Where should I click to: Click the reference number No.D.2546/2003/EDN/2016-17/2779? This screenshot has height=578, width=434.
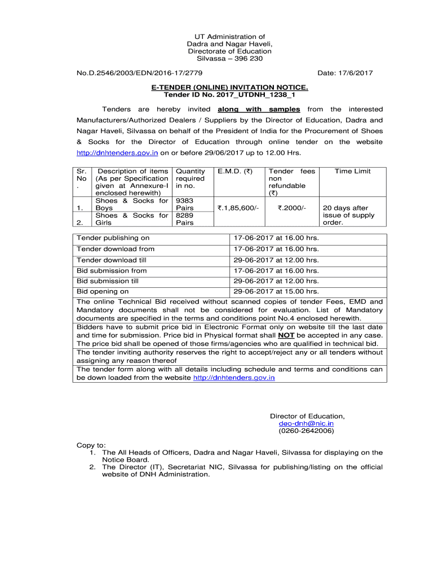point(140,73)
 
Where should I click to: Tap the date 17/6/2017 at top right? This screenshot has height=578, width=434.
point(345,73)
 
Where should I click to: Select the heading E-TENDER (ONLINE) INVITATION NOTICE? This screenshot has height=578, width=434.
point(229,88)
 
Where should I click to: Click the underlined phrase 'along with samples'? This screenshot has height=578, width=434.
point(259,109)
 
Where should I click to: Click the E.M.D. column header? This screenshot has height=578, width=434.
point(234,171)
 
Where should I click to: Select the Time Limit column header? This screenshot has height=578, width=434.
point(353,171)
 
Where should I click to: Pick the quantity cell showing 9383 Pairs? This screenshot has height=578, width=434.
point(185,204)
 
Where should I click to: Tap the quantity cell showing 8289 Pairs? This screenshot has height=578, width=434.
point(185,219)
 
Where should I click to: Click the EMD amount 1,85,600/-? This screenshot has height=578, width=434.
point(238,208)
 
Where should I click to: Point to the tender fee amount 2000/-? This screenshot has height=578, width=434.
point(291,208)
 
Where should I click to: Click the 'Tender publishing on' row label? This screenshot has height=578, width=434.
point(113,238)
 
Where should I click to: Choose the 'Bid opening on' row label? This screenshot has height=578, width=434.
point(103,291)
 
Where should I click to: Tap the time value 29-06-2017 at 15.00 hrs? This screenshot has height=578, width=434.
point(276,291)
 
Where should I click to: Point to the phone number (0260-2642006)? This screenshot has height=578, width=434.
point(307,431)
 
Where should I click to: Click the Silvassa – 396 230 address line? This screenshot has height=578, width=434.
point(229,59)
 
